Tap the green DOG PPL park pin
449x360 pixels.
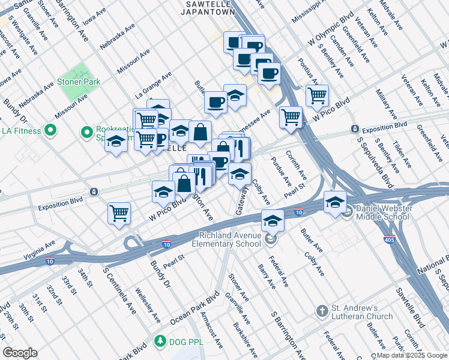pos(160,342)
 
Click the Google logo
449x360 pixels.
pos(20,353)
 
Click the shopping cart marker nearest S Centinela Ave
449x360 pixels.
pos(119,212)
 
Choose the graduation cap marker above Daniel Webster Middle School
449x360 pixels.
pos(336,201)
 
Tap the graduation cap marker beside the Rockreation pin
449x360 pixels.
pos(116,142)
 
